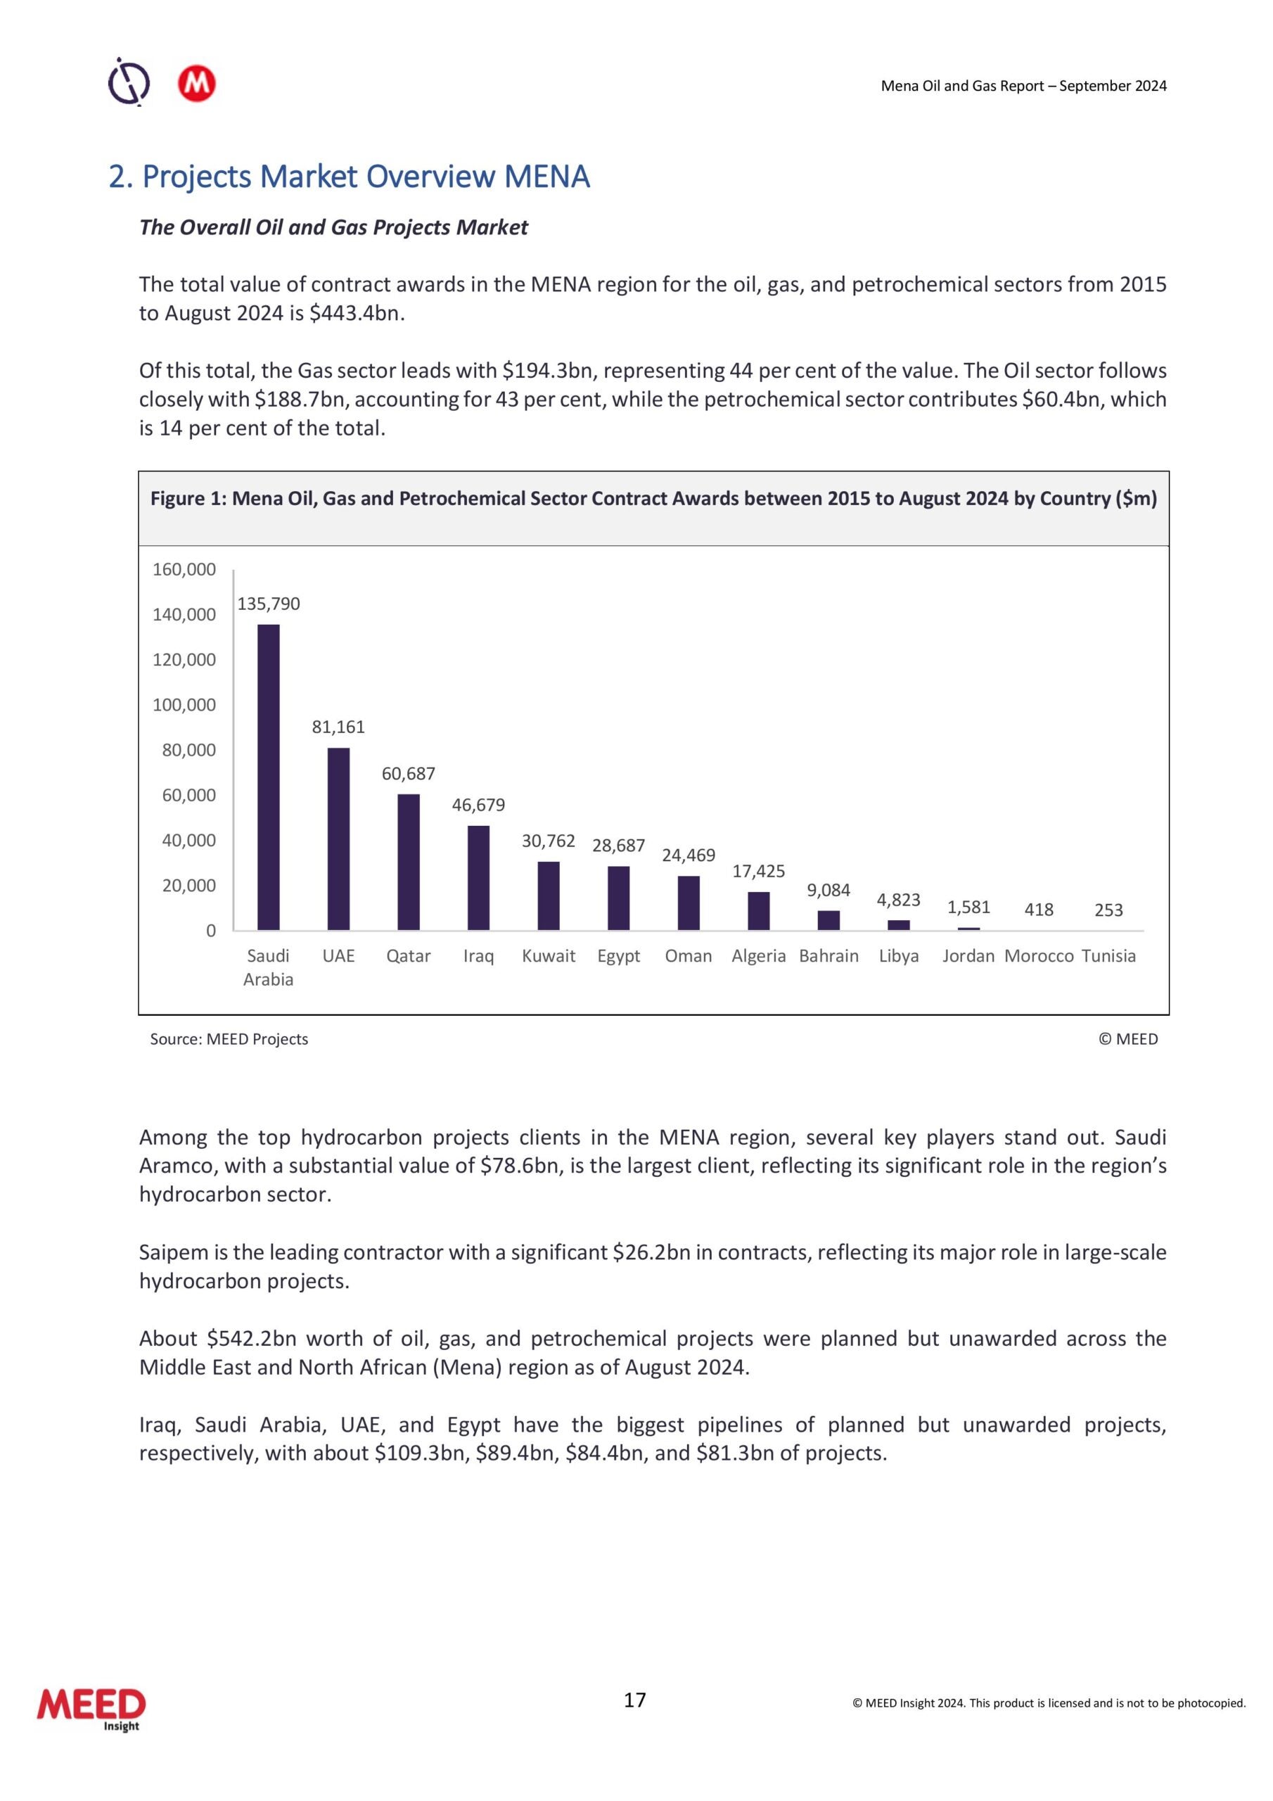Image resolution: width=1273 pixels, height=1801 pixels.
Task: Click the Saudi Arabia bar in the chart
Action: [268, 777]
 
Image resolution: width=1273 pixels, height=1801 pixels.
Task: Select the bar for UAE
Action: [338, 839]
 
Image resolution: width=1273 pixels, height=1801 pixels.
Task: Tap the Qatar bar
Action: [409, 862]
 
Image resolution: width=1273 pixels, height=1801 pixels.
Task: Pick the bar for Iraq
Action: [478, 878]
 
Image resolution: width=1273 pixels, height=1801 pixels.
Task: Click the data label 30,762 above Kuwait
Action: [549, 841]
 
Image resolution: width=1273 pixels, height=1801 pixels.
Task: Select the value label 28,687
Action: [618, 845]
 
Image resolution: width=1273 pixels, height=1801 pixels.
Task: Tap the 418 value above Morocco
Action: [1039, 910]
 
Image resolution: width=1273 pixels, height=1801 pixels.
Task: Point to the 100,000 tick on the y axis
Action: [184, 704]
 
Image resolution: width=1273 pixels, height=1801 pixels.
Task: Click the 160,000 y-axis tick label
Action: [184, 569]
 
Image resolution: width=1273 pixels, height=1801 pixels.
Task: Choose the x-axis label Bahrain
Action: [829, 955]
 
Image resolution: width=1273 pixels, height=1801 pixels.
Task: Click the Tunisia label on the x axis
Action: [1108, 955]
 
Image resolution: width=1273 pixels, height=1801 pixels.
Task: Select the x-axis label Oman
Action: [688, 955]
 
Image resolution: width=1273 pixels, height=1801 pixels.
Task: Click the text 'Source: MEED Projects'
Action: [229, 1038]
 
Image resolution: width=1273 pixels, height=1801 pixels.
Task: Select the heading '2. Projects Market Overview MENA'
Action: [349, 177]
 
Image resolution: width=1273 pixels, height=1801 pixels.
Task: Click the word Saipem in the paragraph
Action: [172, 1253]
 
